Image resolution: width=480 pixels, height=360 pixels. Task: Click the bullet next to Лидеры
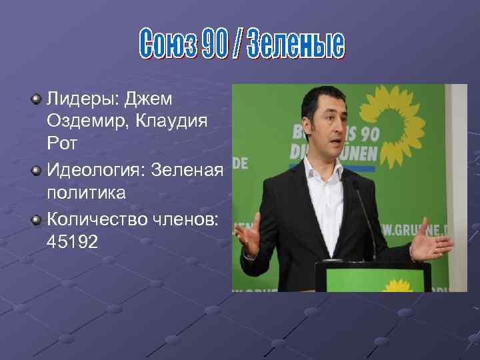click(x=35, y=99)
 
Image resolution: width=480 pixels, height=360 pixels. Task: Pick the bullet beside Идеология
click(x=35, y=171)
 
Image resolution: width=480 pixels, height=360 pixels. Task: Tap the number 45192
click(x=72, y=242)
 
